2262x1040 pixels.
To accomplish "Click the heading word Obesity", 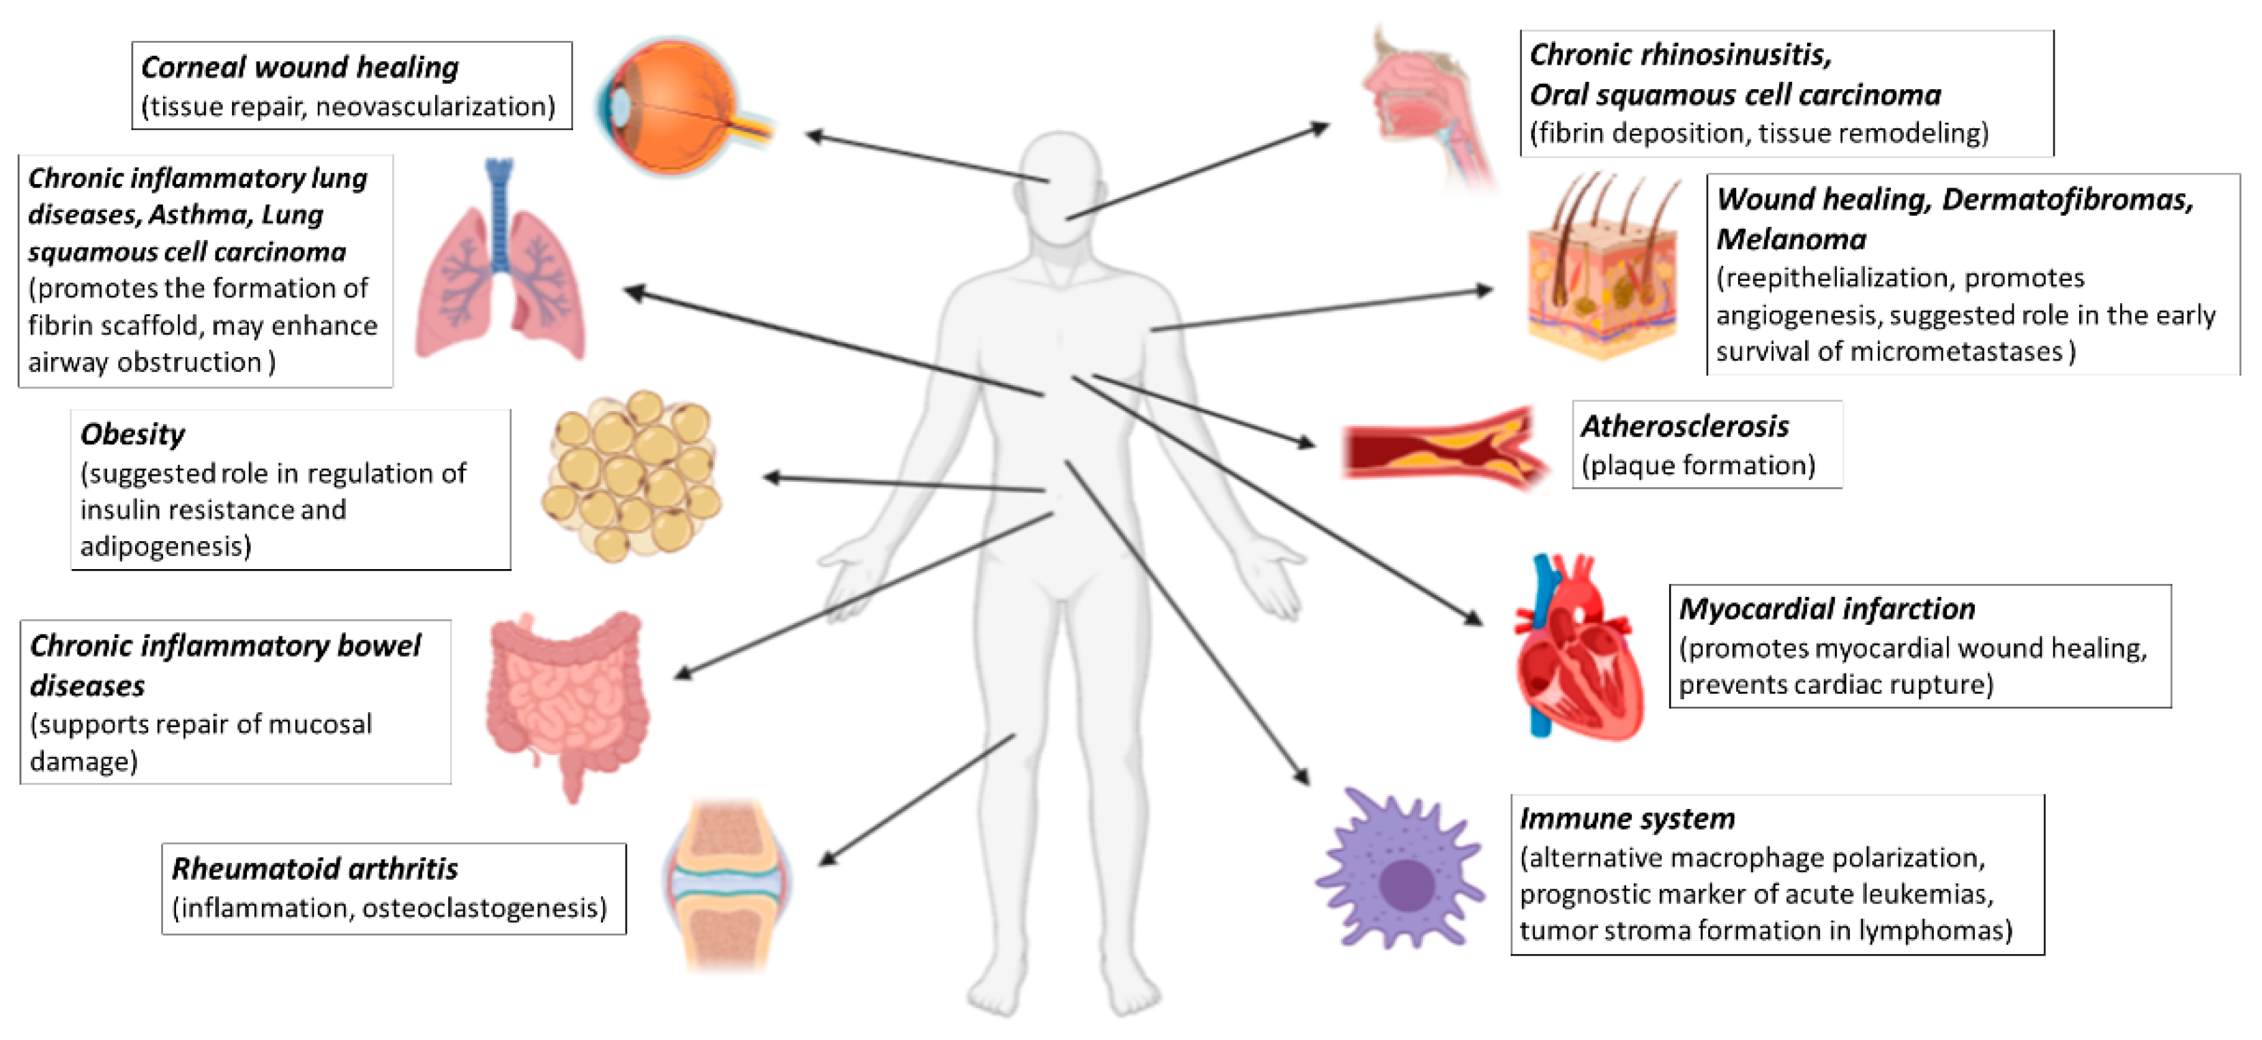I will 132,433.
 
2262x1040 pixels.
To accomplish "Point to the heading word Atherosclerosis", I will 1684,427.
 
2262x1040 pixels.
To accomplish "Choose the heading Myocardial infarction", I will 1827,608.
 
